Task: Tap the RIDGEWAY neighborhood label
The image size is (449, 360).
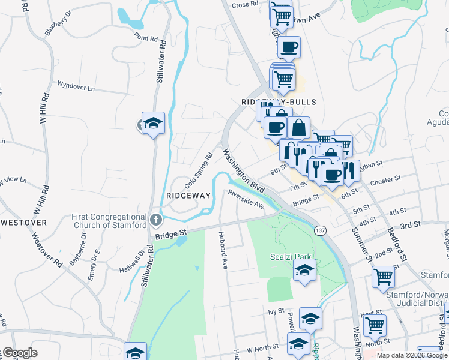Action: click(188, 196)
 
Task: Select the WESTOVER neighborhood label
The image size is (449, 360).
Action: click(23, 222)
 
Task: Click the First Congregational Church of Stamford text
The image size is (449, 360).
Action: click(109, 221)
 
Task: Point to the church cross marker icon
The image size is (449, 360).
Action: click(156, 218)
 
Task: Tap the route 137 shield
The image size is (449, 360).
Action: click(319, 230)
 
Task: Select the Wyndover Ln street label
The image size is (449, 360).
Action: click(76, 86)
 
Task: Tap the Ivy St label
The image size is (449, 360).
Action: click(276, 311)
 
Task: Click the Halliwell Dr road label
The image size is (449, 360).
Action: click(132, 259)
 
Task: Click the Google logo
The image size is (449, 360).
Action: click(19, 353)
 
